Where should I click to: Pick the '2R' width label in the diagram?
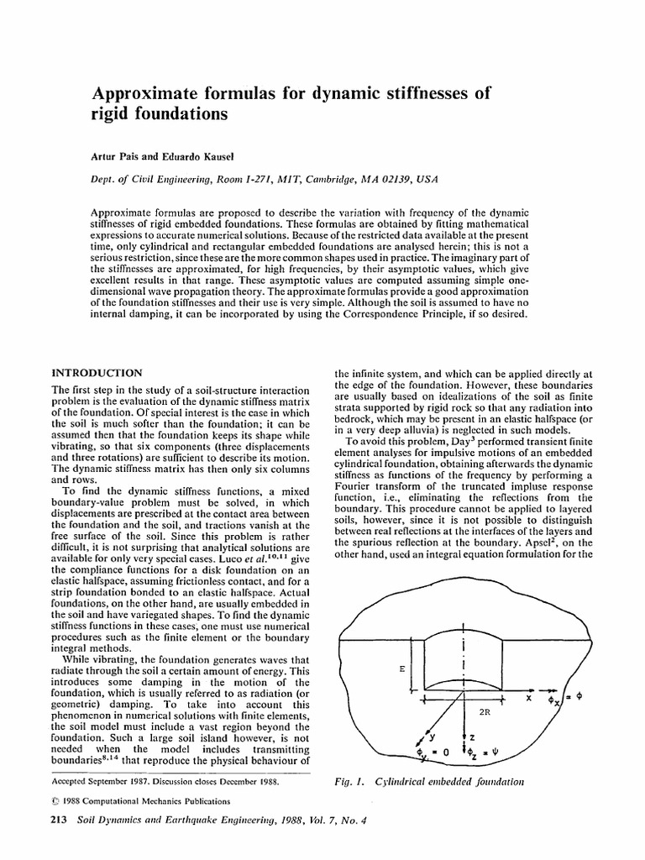(484, 711)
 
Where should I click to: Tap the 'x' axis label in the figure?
(529, 697)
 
